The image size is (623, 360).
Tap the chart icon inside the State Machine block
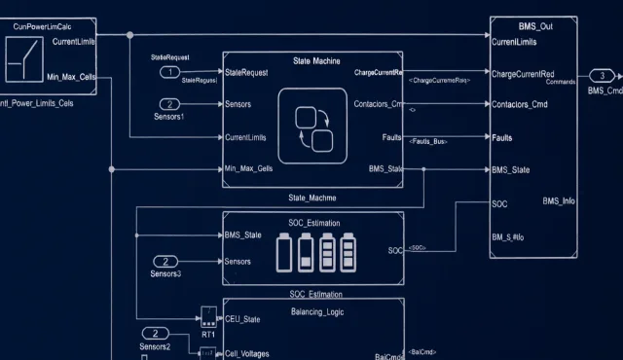click(312, 125)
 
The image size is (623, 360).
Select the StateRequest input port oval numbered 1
click(169, 72)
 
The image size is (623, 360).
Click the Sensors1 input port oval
click(169, 103)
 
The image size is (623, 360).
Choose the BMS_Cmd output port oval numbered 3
click(602, 75)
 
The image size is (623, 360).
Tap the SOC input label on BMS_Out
click(500, 203)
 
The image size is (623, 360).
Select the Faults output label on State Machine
click(392, 137)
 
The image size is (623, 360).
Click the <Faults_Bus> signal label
click(427, 142)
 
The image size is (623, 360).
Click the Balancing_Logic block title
click(316, 311)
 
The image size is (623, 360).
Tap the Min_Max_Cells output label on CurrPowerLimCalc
click(71, 76)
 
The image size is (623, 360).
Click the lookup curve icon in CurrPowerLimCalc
click(20, 62)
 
